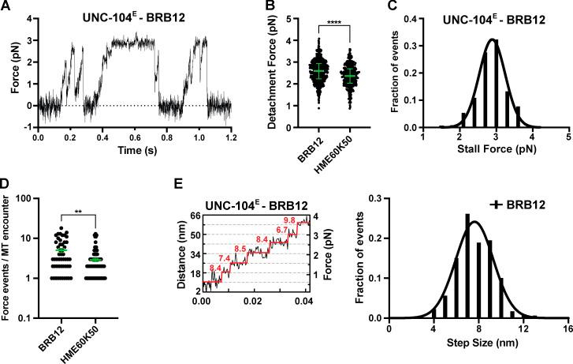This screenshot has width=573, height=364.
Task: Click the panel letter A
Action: pos(6,7)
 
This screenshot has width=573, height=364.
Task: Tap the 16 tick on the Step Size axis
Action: pos(560,328)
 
